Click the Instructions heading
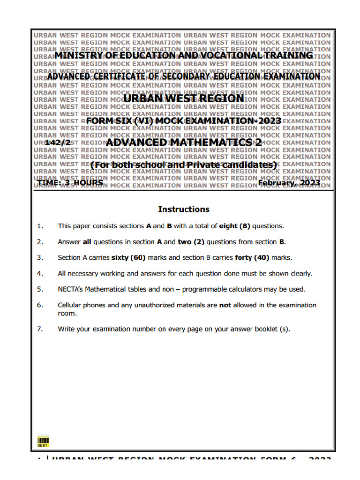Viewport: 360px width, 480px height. coord(184,209)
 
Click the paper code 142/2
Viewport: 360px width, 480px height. coord(58,142)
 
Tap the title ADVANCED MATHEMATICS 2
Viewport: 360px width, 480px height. coord(184,142)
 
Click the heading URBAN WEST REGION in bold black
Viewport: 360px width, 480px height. coord(184,98)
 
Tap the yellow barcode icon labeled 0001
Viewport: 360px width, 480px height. coord(43,442)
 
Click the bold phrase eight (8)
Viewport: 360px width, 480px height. coord(235,226)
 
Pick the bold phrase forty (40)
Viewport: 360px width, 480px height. coord(253,257)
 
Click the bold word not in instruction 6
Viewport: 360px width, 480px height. coord(225,305)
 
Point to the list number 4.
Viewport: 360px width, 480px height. coord(40,273)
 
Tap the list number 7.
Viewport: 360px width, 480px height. coord(40,329)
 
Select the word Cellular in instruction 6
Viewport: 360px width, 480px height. coord(71,305)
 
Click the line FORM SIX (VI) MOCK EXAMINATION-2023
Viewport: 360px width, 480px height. coord(184,121)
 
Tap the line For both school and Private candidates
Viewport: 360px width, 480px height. coord(184,165)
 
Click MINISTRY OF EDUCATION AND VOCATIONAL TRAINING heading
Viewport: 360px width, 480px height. coord(184,55)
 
